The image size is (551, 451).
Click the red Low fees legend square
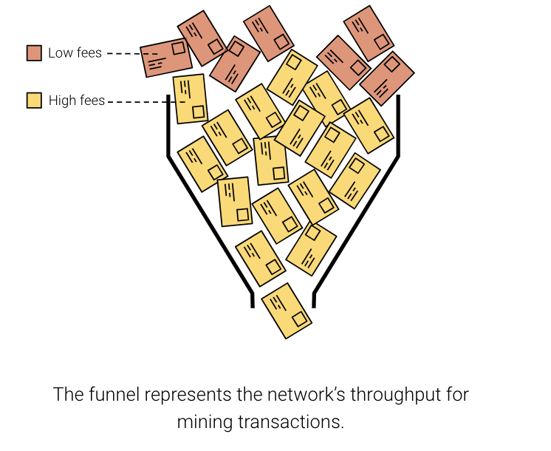(34, 53)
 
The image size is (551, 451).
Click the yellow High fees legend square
(34, 100)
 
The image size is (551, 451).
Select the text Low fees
(75, 53)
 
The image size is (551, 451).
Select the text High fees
(77, 100)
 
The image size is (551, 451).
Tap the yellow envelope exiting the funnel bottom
(287, 311)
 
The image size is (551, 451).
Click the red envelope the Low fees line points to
(166, 57)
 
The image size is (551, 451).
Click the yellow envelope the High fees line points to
(190, 98)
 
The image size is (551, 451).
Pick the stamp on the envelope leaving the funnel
(299, 319)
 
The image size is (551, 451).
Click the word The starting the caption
(67, 394)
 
